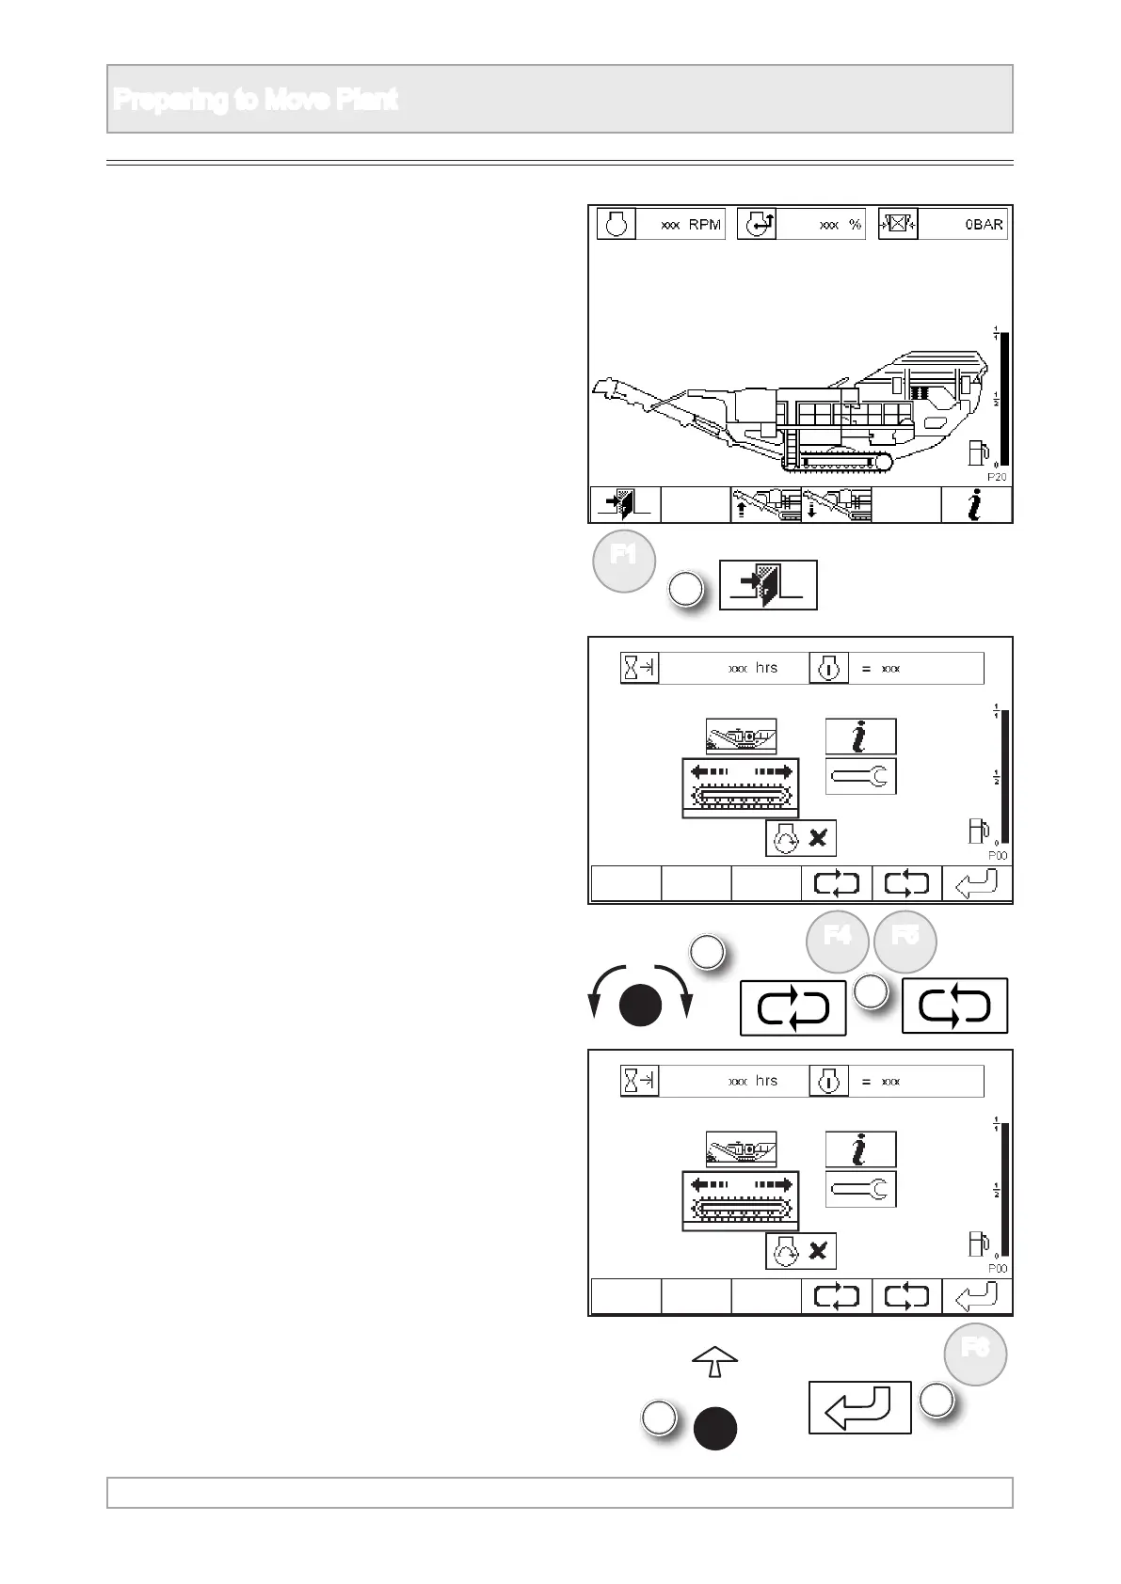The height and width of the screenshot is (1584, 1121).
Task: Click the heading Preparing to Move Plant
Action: coord(255,99)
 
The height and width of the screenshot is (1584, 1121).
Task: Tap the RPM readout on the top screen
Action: coord(691,225)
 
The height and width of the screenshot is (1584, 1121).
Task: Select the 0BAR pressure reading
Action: coord(983,225)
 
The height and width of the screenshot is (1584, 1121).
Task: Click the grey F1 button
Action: coord(623,561)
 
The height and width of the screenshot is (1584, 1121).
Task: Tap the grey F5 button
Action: coord(905,941)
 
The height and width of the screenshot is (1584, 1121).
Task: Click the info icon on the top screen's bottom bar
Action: coord(976,505)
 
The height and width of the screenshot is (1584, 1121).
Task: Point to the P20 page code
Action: coord(997,477)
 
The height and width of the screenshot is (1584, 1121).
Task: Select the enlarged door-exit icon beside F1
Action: coord(768,585)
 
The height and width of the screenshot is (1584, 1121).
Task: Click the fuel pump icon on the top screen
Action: coord(980,453)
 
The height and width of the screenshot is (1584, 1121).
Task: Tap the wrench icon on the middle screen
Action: coord(860,776)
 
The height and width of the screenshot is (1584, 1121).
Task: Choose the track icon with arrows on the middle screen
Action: coord(741,785)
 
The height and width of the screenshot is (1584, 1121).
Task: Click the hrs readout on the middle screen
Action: coord(753,668)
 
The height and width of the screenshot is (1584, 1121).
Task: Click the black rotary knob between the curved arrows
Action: coord(640,1006)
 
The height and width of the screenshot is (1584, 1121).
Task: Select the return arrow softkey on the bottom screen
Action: coord(977,1297)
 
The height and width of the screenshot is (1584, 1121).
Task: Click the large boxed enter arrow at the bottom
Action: coord(859,1407)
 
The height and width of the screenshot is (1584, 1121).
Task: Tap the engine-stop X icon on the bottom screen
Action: coord(801,1251)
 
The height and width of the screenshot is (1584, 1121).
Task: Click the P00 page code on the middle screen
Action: coord(997,856)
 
